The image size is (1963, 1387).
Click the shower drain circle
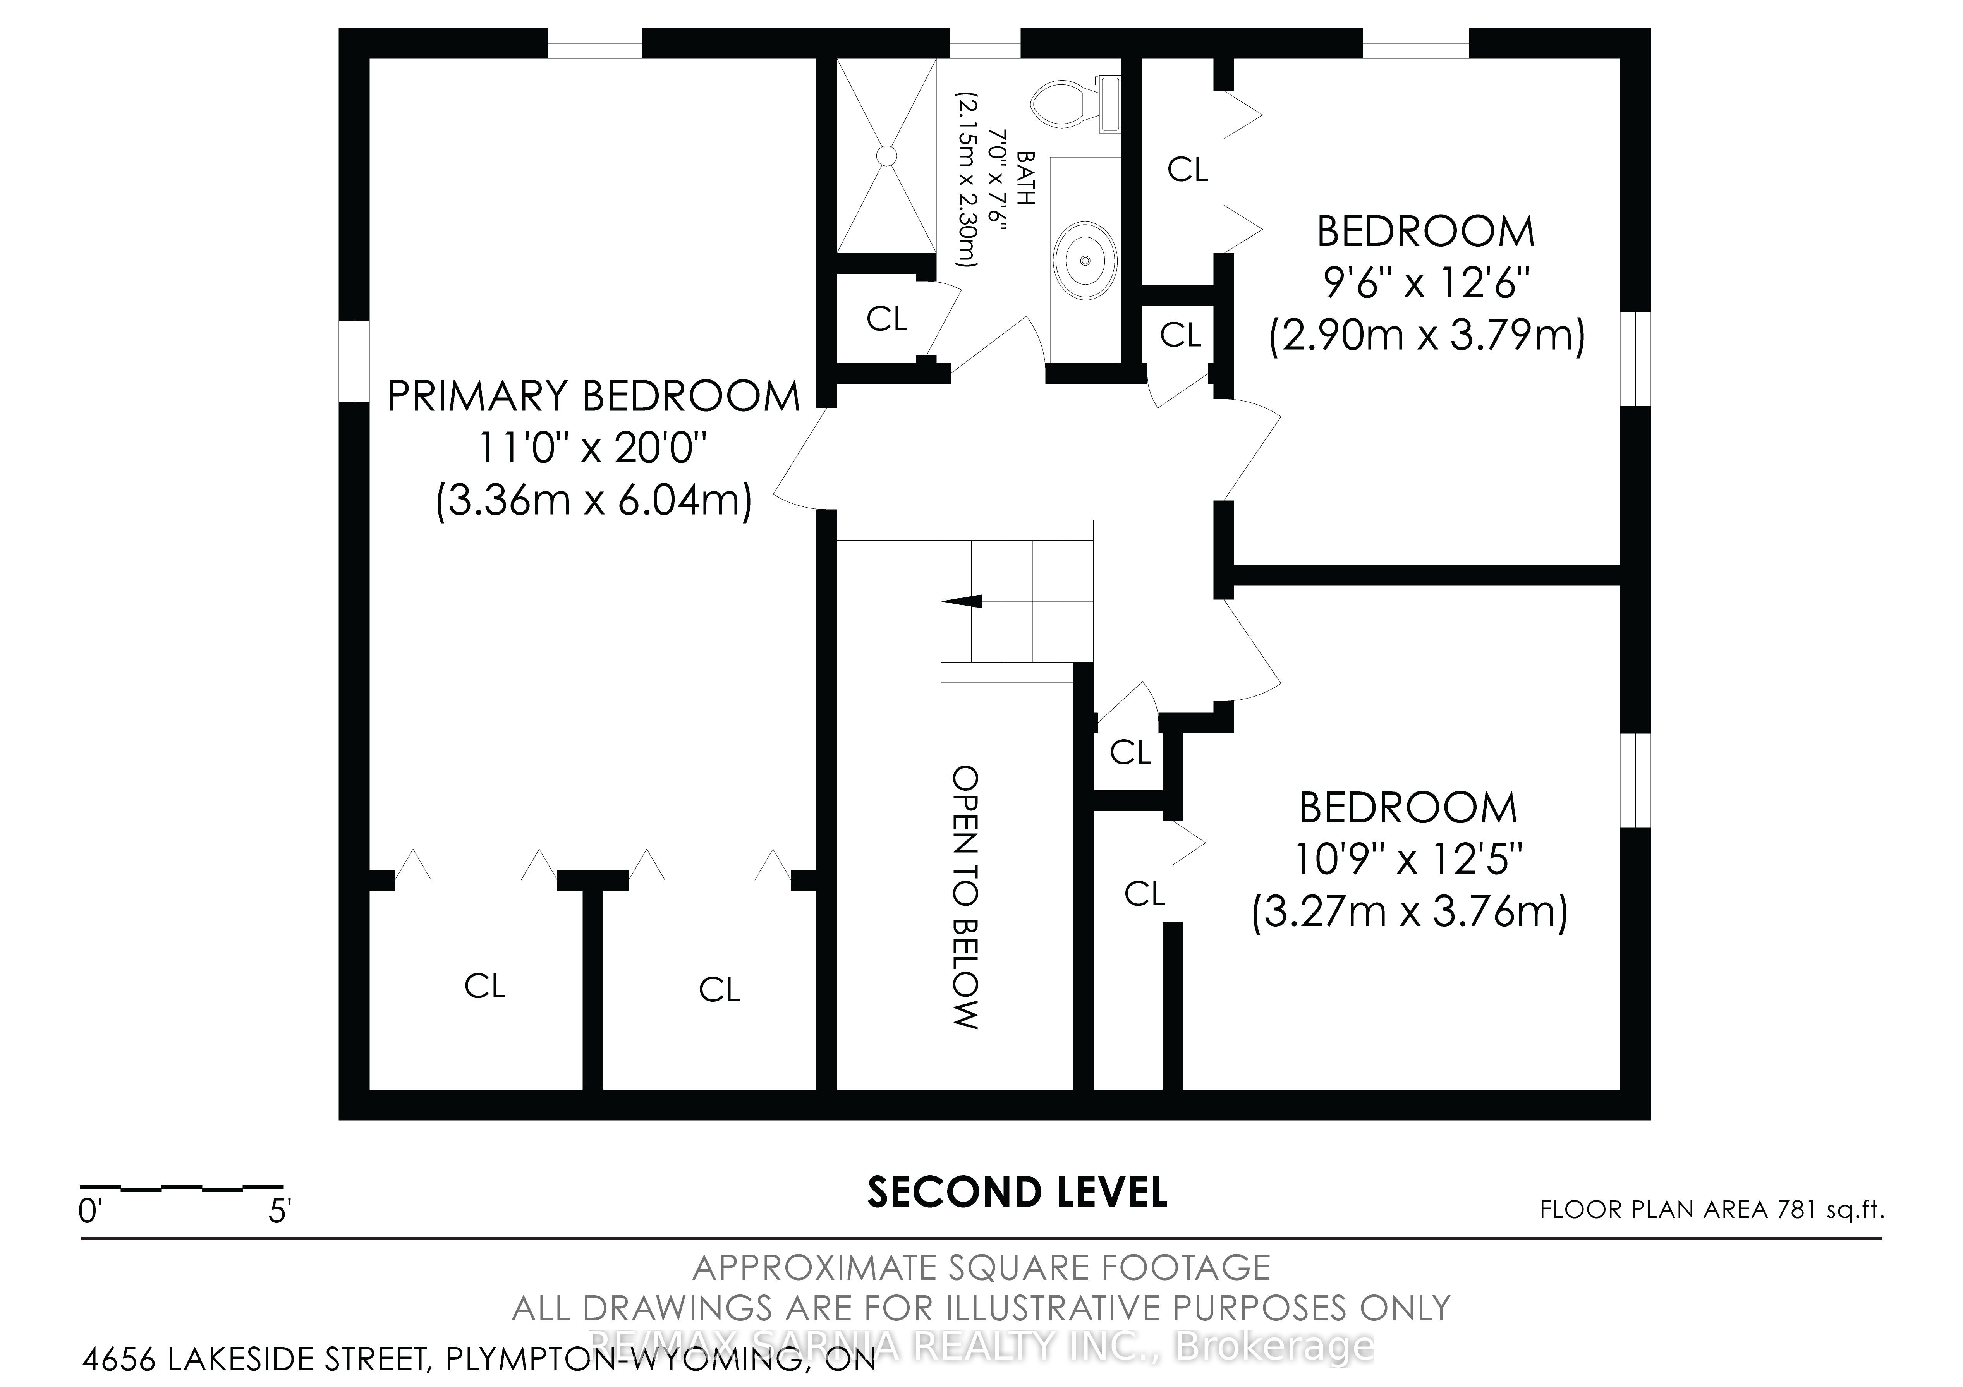886,156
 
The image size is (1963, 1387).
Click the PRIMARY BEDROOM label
593,396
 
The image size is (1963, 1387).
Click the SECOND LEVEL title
1017,1192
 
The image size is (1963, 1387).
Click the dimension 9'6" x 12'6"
1426,282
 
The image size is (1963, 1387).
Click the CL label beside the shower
886,319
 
